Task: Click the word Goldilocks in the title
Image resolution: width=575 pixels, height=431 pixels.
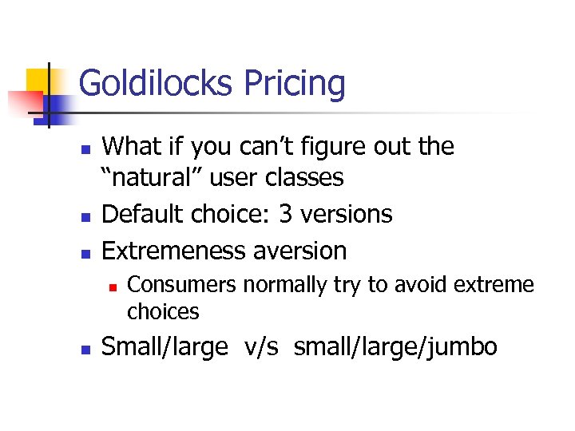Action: point(157,84)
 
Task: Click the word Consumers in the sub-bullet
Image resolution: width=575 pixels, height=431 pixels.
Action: point(182,285)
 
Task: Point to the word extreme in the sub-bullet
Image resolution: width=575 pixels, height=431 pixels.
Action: point(493,285)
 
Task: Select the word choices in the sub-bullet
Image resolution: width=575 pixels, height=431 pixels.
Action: point(163,310)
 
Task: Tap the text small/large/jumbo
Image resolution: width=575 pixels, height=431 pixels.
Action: point(395,348)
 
